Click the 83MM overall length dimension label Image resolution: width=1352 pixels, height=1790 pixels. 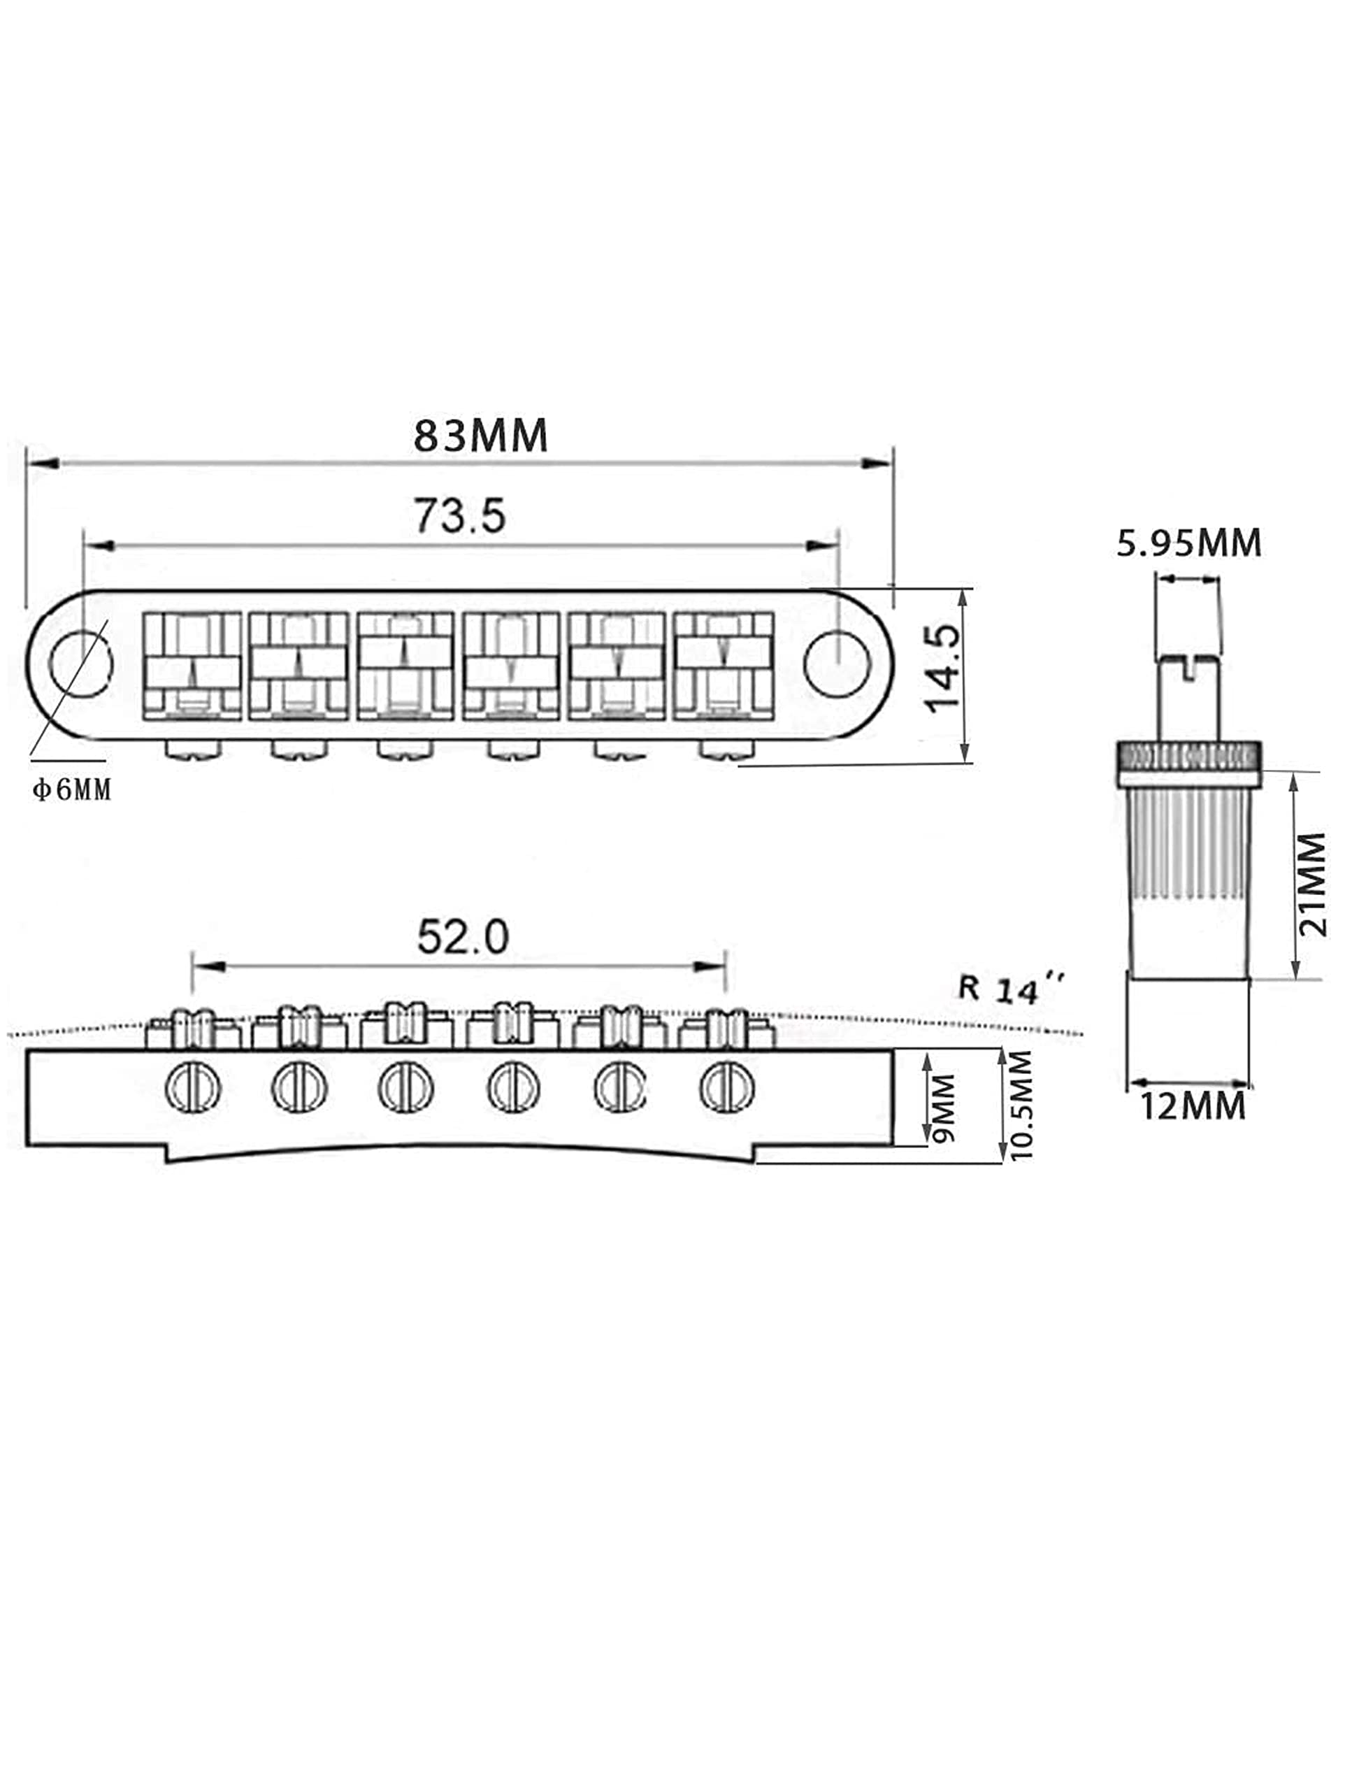point(480,436)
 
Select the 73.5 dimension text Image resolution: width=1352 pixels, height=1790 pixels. point(459,515)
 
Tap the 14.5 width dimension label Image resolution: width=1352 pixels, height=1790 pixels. point(944,668)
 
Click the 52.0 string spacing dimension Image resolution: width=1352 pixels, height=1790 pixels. point(463,937)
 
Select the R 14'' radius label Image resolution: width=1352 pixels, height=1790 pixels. point(1011,989)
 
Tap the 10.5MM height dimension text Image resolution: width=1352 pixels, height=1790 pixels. point(1021,1105)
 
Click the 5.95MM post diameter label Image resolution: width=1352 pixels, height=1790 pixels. point(1188,543)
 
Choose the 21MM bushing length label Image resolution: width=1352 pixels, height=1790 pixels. point(1311,885)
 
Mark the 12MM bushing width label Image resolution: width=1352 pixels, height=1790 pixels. point(1193,1105)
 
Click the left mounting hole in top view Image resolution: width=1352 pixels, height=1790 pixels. point(81,664)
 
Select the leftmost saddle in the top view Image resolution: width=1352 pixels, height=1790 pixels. point(192,666)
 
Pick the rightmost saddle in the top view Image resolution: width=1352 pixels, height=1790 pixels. point(724,666)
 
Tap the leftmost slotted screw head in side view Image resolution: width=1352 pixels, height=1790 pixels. point(192,1087)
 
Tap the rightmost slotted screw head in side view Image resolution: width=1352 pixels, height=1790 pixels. point(726,1087)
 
